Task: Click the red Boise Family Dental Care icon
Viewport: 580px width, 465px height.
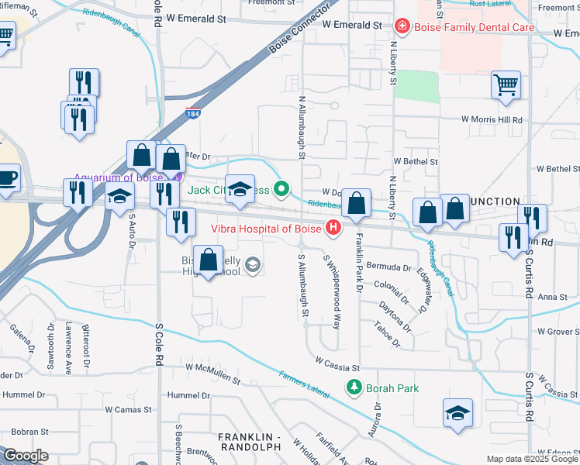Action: pyautogui.click(x=402, y=27)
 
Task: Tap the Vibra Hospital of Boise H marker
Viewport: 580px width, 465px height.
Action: pyautogui.click(x=333, y=228)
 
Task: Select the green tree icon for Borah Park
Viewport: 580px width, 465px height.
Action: pyautogui.click(x=354, y=386)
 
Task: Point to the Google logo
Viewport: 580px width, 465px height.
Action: pyautogui.click(x=26, y=455)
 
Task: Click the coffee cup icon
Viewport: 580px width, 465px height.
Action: pyautogui.click(x=8, y=177)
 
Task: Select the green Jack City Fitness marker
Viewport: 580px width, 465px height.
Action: pyautogui.click(x=283, y=188)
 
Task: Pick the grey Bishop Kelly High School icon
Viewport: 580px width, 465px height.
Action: pyautogui.click(x=252, y=267)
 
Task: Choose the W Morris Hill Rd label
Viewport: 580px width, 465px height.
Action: pyautogui.click(x=492, y=120)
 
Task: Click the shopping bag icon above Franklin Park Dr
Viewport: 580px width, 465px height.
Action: pyautogui.click(x=356, y=204)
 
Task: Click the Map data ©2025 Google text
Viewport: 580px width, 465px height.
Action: pyautogui.click(x=531, y=458)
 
